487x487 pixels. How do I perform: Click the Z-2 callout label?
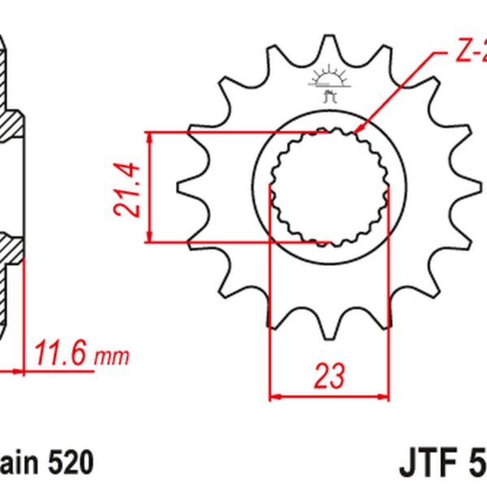[468, 56]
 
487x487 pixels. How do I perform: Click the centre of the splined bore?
[329, 187]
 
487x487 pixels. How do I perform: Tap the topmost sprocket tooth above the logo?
[329, 45]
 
